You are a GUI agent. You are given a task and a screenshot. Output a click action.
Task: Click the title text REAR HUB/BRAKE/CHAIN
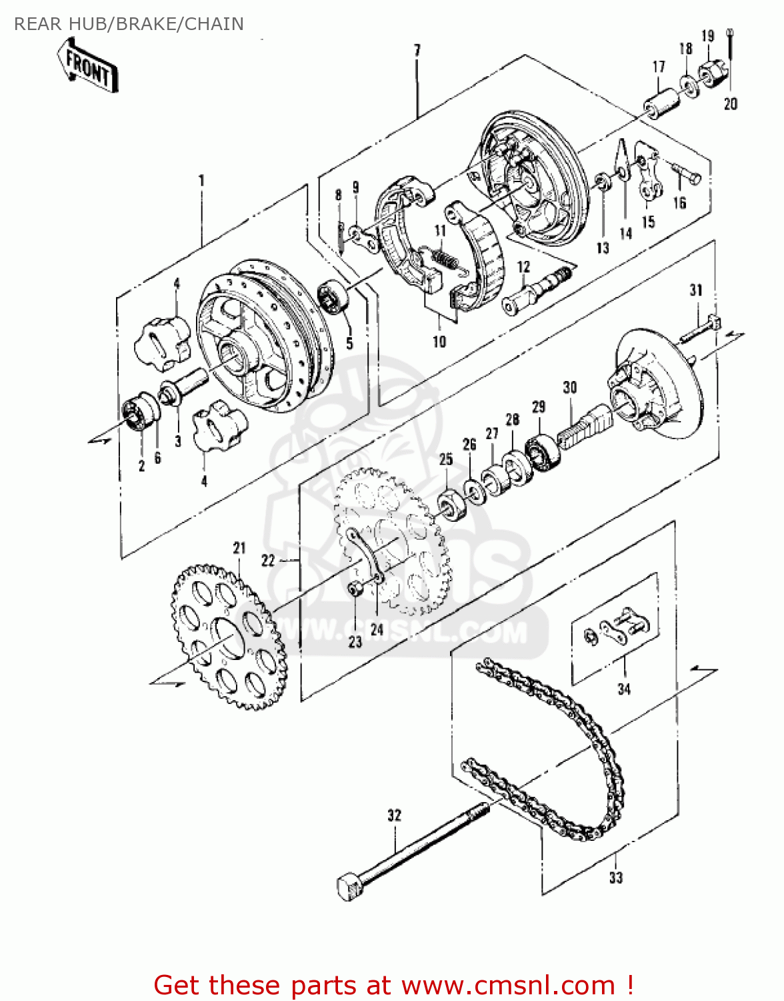coord(129,24)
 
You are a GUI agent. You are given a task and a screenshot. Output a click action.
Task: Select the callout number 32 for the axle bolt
coord(394,815)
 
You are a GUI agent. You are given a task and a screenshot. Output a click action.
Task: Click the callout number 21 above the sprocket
coord(239,548)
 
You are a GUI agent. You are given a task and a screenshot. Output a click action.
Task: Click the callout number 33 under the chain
coord(615,878)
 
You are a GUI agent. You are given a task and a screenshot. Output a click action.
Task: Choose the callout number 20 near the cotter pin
coord(731,103)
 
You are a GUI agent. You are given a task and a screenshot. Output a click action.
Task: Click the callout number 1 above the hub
coord(201,180)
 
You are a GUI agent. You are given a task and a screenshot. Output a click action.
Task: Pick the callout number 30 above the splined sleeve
coord(569,387)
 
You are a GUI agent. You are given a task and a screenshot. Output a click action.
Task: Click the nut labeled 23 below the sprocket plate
coord(355,589)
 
